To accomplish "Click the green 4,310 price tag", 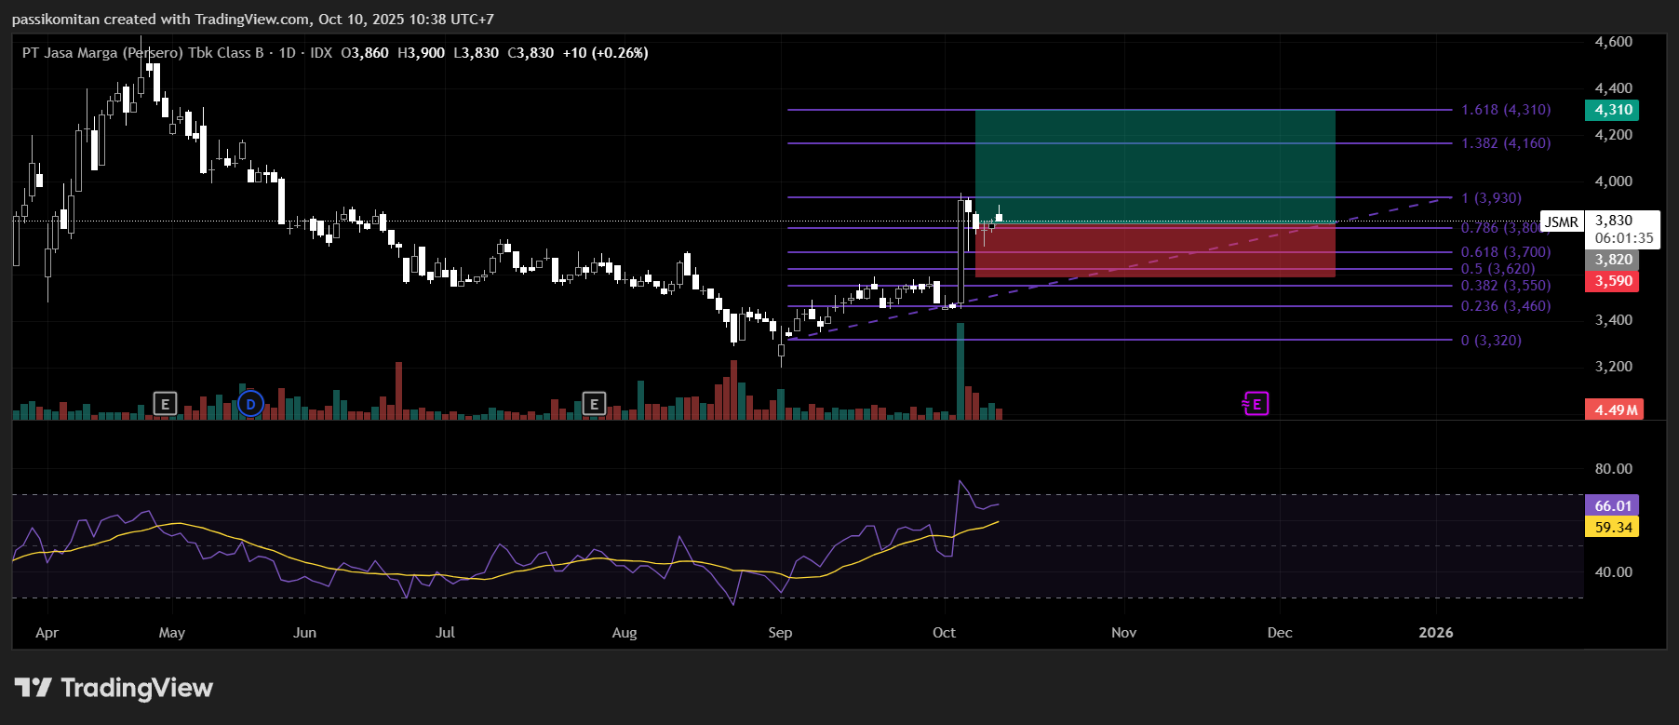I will pyautogui.click(x=1612, y=110).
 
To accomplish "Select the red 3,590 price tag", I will pyautogui.click(x=1612, y=281).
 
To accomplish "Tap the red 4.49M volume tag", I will pyautogui.click(x=1614, y=409).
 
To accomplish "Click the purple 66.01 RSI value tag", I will pyautogui.click(x=1612, y=505).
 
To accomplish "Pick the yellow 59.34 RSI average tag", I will pyautogui.click(x=1612, y=527).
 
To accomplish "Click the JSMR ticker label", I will pyautogui.click(x=1562, y=222).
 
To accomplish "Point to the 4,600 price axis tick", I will pyautogui.click(x=1613, y=42).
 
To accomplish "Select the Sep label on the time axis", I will pyautogui.click(x=780, y=633).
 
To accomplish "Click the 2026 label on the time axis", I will pyautogui.click(x=1435, y=633).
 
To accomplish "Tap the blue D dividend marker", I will pyautogui.click(x=250, y=404).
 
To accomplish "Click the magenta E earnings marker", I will pyautogui.click(x=1256, y=404).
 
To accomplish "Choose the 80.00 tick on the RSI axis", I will pyautogui.click(x=1613, y=469).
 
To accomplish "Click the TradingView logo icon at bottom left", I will pyautogui.click(x=34, y=688).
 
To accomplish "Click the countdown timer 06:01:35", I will pyautogui.click(x=1624, y=238).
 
